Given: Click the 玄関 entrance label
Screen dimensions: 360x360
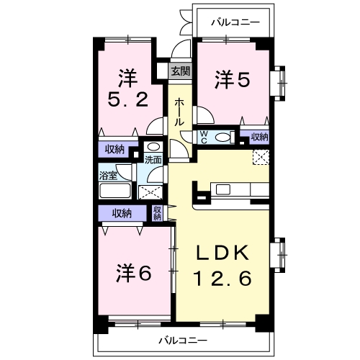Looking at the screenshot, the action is click(181, 71).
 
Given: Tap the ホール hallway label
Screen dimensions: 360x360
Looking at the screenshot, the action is click(179, 112).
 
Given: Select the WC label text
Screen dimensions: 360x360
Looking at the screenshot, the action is click(204, 138).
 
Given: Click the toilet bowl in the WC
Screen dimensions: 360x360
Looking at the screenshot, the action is click(222, 138).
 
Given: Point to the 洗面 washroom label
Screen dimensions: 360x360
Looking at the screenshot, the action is click(153, 160).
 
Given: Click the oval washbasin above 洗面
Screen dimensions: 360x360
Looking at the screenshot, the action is click(153, 146).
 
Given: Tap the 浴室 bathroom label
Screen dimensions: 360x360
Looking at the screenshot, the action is click(108, 176).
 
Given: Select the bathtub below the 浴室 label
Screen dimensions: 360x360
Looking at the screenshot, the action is click(115, 191).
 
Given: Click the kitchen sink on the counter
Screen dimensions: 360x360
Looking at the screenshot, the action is click(223, 190).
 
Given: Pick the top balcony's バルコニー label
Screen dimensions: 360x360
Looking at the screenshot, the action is click(235, 22).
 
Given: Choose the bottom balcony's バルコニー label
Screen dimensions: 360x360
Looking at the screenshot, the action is click(183, 341).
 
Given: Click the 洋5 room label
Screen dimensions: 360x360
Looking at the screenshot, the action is click(233, 79).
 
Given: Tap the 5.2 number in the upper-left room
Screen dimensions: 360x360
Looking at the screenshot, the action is click(128, 100).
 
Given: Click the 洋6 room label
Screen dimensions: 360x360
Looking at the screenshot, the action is click(134, 273).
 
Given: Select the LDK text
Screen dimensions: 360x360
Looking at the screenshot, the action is click(222, 253).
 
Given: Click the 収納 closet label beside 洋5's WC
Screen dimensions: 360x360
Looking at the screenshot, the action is click(259, 137).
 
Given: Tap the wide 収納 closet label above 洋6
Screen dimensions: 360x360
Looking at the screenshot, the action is click(122, 213).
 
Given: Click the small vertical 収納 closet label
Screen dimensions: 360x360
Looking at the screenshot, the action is click(157, 213).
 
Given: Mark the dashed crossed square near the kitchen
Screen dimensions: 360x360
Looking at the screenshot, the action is click(261, 157).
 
